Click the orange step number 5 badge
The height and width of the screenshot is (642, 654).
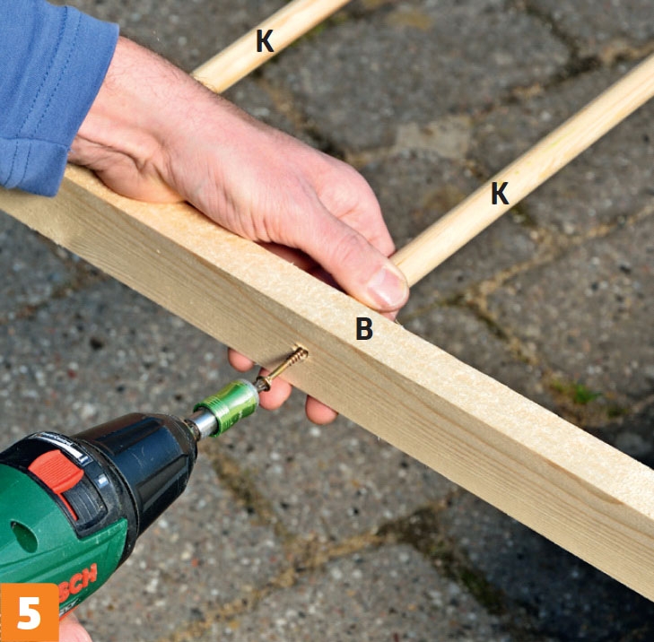coord(30,612)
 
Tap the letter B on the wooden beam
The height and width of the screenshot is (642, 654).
coord(364,328)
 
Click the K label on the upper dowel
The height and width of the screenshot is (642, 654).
coord(265,41)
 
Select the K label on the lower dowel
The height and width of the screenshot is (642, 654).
coord(500,194)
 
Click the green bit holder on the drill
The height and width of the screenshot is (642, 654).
coord(227,407)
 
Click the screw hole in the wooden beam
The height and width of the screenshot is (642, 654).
coord(301,352)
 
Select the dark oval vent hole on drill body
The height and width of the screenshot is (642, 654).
coord(23,537)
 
